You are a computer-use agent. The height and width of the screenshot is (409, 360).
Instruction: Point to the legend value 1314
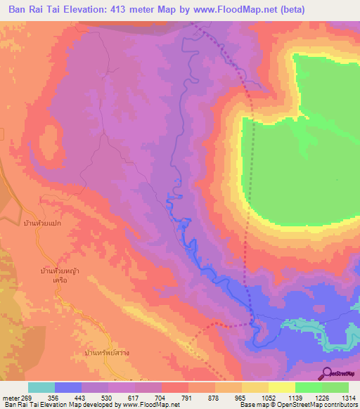(348, 397)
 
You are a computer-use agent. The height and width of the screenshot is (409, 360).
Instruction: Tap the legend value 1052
(269, 397)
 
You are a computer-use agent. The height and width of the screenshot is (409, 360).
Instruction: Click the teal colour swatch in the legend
(41, 387)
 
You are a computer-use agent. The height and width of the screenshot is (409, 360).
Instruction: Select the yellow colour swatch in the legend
(282, 387)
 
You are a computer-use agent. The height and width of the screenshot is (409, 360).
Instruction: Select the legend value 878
(215, 397)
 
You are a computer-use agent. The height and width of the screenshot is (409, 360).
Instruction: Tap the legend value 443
(82, 397)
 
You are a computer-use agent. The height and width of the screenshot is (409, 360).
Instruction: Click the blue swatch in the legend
(68, 387)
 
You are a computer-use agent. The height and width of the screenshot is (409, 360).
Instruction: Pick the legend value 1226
(321, 397)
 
